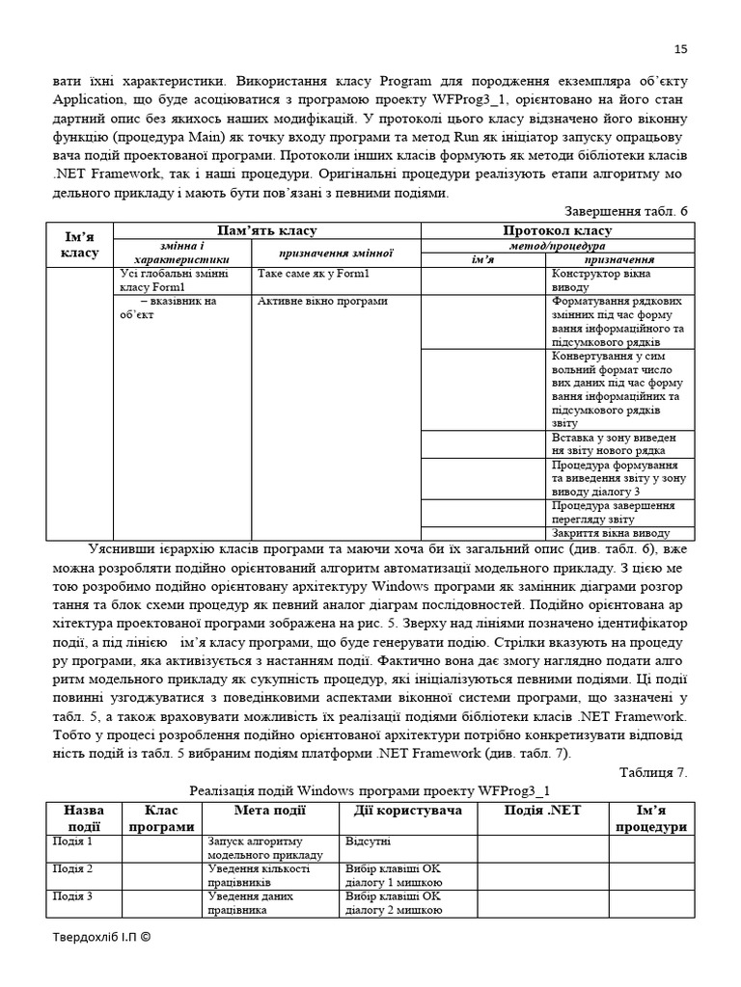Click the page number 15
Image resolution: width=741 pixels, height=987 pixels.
680,50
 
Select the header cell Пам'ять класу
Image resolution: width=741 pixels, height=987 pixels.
269,230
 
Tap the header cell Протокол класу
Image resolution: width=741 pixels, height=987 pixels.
559,230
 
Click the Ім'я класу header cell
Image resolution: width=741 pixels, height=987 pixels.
81,245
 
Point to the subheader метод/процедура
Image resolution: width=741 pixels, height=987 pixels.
559,246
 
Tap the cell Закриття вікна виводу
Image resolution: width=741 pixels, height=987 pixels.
609,533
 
